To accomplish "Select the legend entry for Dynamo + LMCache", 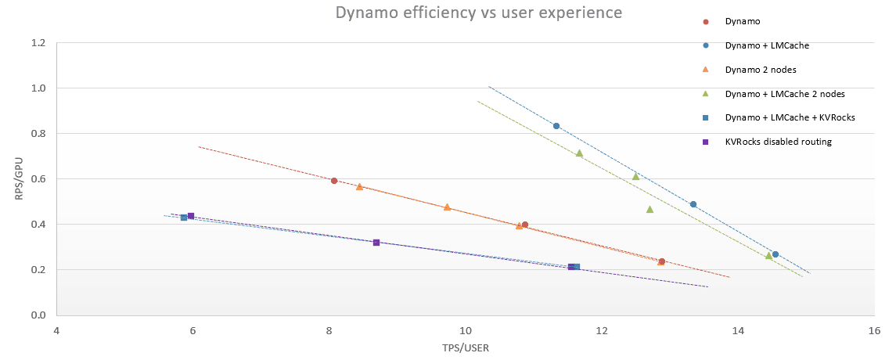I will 767,45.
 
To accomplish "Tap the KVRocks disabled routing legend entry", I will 776,142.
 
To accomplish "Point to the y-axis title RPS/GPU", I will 19,178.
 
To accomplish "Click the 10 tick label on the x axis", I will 466,331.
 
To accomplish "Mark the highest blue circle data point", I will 556,126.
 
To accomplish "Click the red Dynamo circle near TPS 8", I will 334,181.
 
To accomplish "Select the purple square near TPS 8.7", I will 376,243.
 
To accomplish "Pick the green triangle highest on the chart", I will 579,153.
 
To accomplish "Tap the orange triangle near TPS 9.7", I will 447,207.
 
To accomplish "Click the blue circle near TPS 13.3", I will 693,204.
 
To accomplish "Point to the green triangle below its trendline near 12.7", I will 650,209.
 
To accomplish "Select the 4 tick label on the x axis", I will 56,331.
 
